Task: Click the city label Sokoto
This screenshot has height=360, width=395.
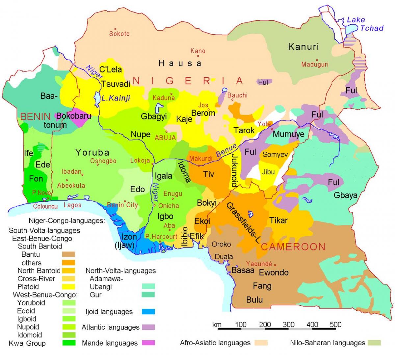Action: tap(119, 34)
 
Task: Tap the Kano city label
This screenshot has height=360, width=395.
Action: tap(198, 51)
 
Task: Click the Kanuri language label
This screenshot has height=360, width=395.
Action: tap(303, 47)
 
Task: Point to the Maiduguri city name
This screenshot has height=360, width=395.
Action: tap(315, 64)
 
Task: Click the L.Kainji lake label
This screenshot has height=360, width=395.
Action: tap(116, 98)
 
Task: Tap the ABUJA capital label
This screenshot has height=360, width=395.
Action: tap(166, 138)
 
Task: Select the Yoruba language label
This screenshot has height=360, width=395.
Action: tap(92, 152)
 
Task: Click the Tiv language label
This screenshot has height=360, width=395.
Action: tap(209, 174)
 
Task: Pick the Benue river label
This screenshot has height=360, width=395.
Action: tap(226, 150)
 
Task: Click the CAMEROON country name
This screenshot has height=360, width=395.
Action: tap(293, 247)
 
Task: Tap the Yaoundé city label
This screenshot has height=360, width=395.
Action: tap(259, 264)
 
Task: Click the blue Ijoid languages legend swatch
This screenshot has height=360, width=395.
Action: tap(148, 312)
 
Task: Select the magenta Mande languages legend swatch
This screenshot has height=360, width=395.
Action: tap(148, 343)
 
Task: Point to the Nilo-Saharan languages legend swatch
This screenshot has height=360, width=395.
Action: tap(374, 343)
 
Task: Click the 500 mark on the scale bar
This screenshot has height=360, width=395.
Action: tap(335, 324)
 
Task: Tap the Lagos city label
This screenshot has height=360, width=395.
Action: tap(72, 205)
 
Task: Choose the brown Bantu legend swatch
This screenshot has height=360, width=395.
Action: tap(68, 254)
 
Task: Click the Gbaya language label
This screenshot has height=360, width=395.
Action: tap(345, 195)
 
